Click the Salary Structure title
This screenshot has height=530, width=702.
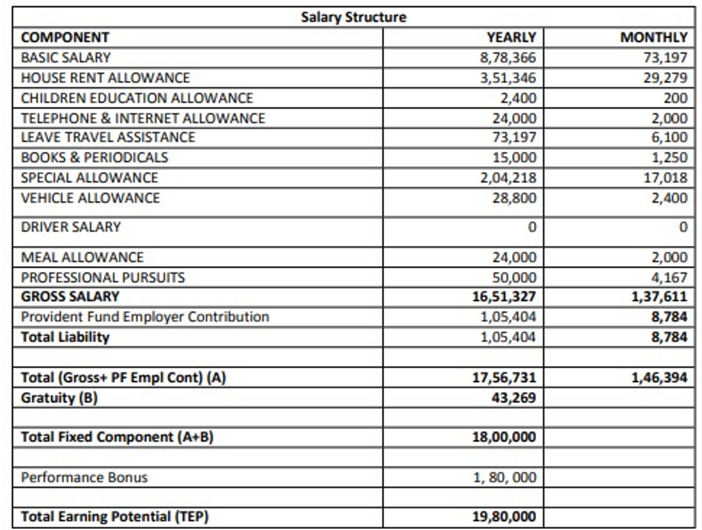click(353, 17)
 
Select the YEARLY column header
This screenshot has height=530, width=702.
click(511, 37)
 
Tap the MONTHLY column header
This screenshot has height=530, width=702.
click(654, 37)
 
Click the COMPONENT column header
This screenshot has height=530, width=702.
click(65, 37)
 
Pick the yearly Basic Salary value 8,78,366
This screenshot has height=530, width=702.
click(508, 58)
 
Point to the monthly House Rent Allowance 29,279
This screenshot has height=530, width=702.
click(665, 78)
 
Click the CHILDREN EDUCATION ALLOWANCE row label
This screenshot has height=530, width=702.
click(137, 98)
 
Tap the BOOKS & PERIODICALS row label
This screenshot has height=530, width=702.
click(95, 157)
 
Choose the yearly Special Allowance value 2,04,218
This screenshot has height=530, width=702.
click(508, 178)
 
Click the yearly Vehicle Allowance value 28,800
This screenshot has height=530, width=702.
click(514, 198)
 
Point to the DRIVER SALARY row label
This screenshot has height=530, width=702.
click(71, 227)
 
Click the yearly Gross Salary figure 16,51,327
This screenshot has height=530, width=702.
click(504, 297)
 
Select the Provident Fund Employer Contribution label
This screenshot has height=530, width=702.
click(145, 317)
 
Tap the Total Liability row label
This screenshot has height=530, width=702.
click(65, 337)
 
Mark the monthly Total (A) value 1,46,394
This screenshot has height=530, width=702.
click(659, 377)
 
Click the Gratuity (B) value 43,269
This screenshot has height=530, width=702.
click(513, 398)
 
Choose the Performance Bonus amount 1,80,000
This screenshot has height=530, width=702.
click(505, 477)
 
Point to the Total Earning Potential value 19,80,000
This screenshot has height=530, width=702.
click(504, 516)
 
